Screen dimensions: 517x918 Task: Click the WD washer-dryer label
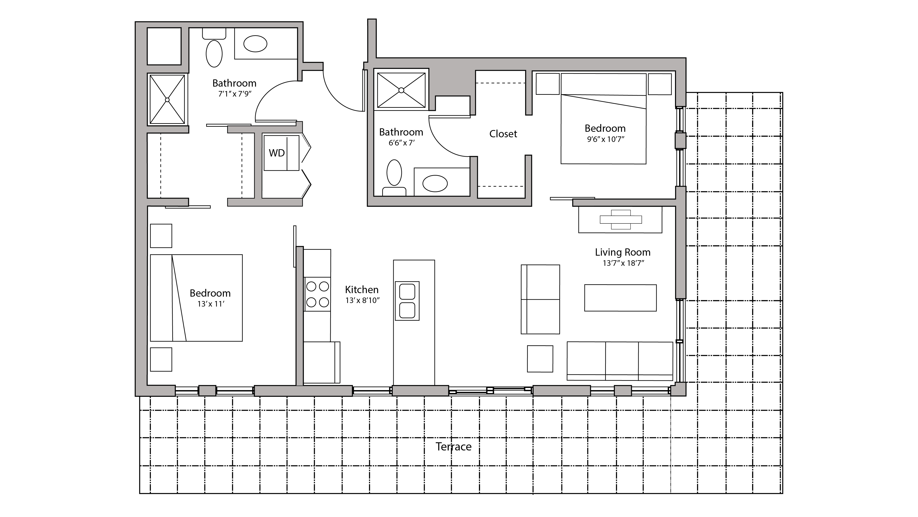[x=276, y=153]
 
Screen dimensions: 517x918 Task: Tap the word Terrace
[x=453, y=446]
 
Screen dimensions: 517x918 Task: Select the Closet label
[x=503, y=134]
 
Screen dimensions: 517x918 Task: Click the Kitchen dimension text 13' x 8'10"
[x=362, y=301]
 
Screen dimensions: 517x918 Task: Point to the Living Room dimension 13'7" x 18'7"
[x=623, y=263]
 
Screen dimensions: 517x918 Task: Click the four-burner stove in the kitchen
[x=317, y=294]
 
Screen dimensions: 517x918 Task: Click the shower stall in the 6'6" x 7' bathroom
[x=401, y=90]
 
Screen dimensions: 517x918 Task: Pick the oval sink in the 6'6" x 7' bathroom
[x=435, y=184]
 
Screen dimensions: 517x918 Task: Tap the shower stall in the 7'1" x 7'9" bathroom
[x=167, y=99]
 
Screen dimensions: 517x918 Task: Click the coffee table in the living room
[x=620, y=298]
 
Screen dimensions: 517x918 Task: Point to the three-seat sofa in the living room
[x=620, y=361]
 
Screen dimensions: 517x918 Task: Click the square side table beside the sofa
[x=540, y=358]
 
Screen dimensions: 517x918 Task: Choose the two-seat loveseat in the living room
[x=540, y=299]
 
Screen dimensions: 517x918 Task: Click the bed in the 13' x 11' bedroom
[x=196, y=298]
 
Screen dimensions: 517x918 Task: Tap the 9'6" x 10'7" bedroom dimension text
[x=605, y=139]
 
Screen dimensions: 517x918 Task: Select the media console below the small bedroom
[x=620, y=220]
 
